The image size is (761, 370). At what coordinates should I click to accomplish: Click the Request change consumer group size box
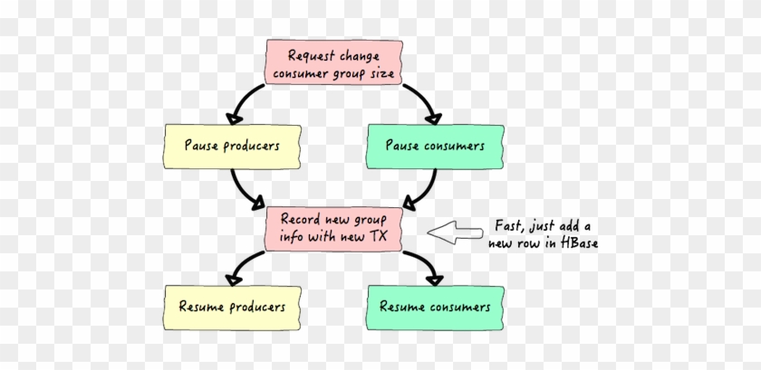[x=333, y=62]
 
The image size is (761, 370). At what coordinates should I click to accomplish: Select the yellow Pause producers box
[x=232, y=147]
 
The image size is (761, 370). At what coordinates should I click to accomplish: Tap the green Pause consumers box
[x=435, y=147]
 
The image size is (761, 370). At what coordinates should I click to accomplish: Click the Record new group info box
[x=333, y=229]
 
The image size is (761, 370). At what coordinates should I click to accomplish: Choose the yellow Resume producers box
[x=232, y=308]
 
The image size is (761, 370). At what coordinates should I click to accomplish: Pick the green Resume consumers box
[x=435, y=308]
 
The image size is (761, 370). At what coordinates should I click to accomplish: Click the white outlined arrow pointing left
[x=455, y=232]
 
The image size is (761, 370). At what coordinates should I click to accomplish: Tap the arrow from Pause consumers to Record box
[x=427, y=191]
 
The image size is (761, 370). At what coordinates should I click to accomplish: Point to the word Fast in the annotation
[x=507, y=226]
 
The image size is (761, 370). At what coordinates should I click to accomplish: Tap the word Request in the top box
[x=312, y=56]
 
